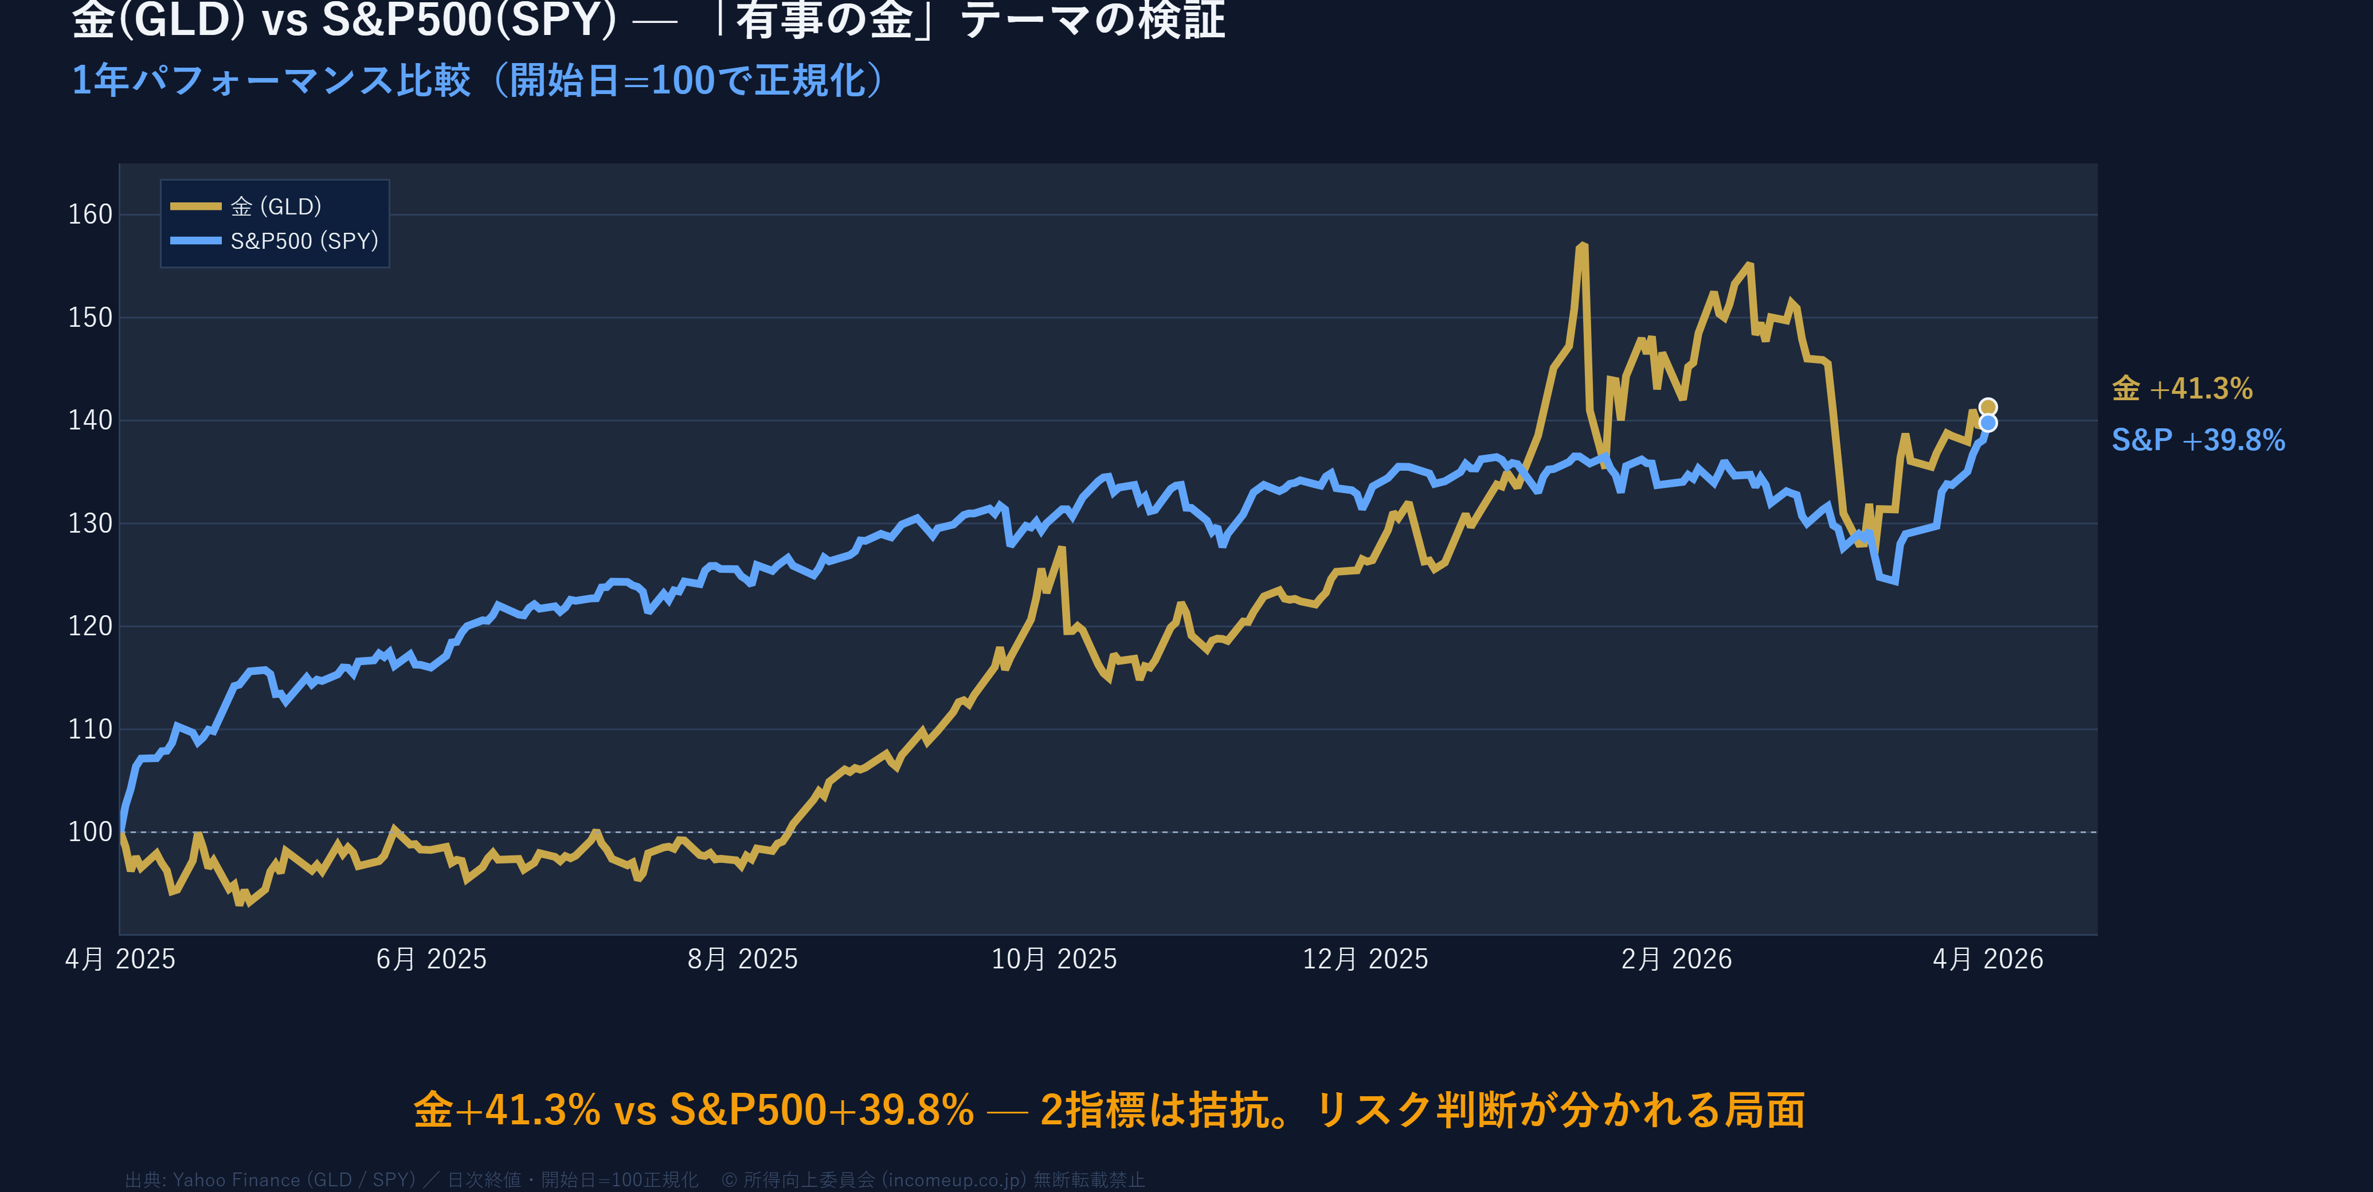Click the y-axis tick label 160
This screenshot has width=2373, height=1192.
[x=91, y=214]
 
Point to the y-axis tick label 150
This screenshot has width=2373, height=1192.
[x=91, y=318]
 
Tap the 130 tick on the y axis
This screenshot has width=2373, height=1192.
[x=91, y=523]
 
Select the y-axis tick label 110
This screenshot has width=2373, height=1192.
[x=91, y=729]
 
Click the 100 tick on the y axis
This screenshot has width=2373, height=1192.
[x=91, y=832]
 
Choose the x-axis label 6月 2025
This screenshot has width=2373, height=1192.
[x=431, y=960]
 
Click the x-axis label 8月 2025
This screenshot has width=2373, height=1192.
[x=742, y=960]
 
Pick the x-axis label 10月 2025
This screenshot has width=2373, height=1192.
[x=1054, y=960]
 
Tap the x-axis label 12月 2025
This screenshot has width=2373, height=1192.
[x=1365, y=960]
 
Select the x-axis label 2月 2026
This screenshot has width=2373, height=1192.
[x=1677, y=960]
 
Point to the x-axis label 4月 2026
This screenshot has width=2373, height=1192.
[x=1988, y=960]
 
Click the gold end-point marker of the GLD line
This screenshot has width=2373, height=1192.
[x=1988, y=407]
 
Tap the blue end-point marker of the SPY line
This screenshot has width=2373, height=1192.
[x=1988, y=423]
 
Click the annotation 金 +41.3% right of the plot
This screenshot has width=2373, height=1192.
[x=2182, y=389]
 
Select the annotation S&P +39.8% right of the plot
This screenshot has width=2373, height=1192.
[x=2198, y=440]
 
